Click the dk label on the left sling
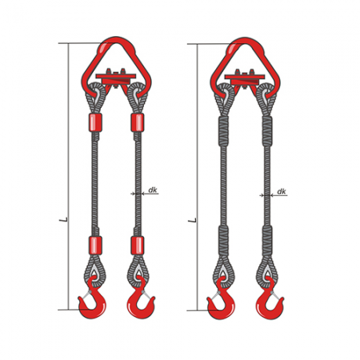tap(153, 190)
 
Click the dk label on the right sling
tap(282, 192)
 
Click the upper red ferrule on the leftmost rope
tap(95, 122)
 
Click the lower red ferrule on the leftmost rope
tap(95, 246)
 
